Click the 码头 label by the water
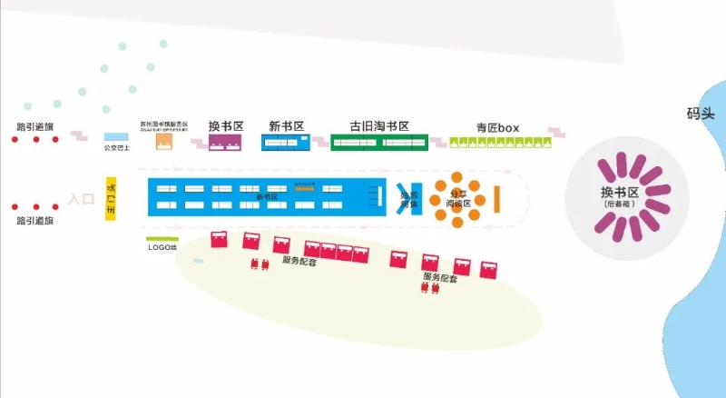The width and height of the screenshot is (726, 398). (x=701, y=114)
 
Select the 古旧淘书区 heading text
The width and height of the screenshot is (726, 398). (x=380, y=126)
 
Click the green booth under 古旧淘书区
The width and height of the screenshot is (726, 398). (x=378, y=142)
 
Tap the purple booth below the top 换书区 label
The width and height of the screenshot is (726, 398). (x=226, y=143)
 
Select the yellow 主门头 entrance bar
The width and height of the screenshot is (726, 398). (x=113, y=199)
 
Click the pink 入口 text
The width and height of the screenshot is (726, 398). (x=82, y=198)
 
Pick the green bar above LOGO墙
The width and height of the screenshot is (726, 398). (x=162, y=239)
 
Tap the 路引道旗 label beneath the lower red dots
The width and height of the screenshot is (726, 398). (x=35, y=221)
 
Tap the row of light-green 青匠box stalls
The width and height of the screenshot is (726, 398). (x=501, y=141)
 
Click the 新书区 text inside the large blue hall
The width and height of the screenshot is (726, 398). (x=267, y=196)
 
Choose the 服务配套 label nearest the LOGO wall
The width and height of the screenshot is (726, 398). (x=299, y=261)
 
